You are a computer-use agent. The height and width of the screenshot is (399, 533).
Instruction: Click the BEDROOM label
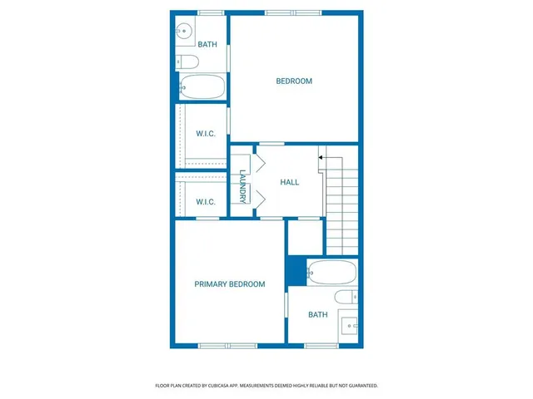(x=294, y=81)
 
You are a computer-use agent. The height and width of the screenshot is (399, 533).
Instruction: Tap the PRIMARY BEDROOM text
(x=230, y=284)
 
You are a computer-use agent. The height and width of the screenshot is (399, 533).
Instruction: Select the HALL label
(x=289, y=182)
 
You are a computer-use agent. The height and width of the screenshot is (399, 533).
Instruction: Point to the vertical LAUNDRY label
(x=242, y=186)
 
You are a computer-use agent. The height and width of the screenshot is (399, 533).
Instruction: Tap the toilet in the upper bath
(x=187, y=61)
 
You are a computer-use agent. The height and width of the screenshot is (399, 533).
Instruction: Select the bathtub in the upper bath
(x=202, y=86)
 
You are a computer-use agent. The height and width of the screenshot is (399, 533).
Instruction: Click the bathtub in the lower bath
(x=331, y=272)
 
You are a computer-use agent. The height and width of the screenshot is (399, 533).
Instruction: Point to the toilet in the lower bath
(x=345, y=297)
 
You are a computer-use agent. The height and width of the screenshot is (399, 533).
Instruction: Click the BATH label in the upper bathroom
(x=207, y=45)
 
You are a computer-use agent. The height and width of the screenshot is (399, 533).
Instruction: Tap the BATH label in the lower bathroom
(x=317, y=314)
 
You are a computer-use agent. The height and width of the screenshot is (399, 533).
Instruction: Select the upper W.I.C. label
(x=206, y=134)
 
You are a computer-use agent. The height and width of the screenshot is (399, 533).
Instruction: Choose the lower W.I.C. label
(x=206, y=202)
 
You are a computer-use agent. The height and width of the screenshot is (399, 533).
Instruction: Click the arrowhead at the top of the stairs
(x=321, y=155)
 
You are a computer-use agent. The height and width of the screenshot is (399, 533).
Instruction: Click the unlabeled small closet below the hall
(x=304, y=237)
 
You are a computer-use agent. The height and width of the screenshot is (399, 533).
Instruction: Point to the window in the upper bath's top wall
(x=211, y=12)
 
